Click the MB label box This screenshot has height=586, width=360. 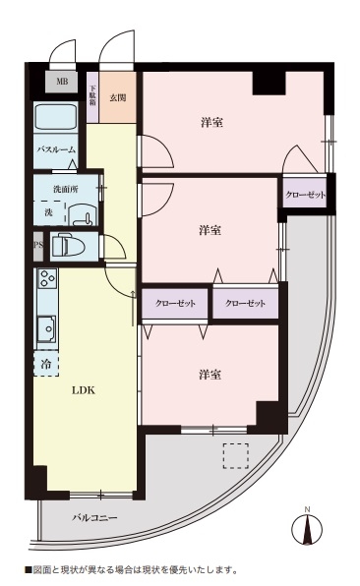62,82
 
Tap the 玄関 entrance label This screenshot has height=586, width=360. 118,97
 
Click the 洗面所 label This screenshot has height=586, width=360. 54,188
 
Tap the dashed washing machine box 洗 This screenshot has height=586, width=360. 49,211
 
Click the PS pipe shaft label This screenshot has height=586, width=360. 38,245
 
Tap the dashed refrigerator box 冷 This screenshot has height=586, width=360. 45,364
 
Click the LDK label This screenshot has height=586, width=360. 83,389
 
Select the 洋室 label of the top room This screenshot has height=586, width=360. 210,123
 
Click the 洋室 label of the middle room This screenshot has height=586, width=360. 209,230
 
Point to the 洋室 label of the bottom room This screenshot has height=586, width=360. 209,375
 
